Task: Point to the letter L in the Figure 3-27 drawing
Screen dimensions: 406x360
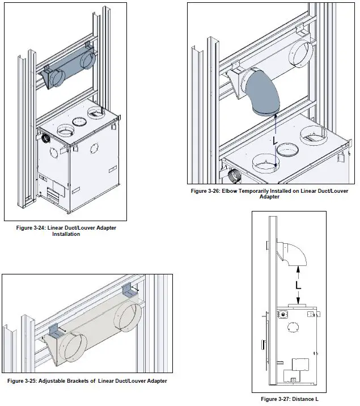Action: tap(298, 286)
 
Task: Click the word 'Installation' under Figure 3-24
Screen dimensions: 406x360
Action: tap(66, 234)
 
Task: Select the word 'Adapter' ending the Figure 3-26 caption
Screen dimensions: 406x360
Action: tap(269, 197)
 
